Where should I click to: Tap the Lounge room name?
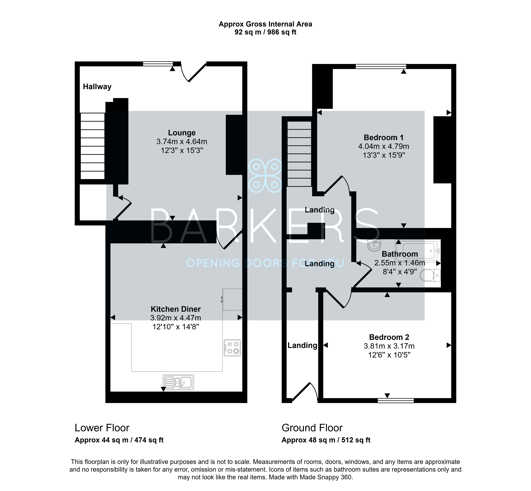point(182,133)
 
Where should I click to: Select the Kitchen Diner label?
point(176,309)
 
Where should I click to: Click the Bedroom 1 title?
point(384,137)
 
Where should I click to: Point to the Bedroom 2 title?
point(389,337)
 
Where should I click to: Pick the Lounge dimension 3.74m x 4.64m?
point(182,142)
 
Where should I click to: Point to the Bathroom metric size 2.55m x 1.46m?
point(400,263)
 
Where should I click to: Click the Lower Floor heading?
point(102,428)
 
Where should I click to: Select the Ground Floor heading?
point(312,428)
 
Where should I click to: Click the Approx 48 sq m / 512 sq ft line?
point(326,440)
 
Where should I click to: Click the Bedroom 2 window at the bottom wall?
point(396,400)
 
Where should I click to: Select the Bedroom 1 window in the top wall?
point(381,66)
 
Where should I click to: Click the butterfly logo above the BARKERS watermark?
point(265,175)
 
